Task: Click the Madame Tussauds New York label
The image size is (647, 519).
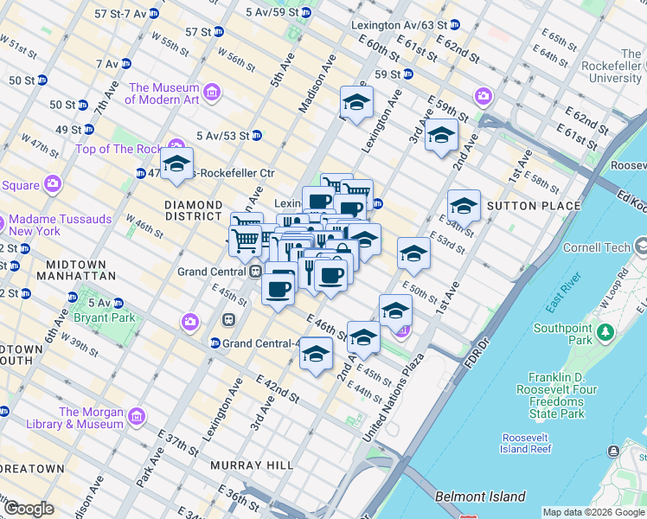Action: (61, 226)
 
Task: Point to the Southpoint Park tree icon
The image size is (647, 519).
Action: (606, 331)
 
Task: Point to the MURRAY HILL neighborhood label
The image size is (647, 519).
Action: (253, 465)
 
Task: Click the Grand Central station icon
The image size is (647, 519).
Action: (256, 271)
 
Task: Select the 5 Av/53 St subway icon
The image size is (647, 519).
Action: (257, 136)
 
